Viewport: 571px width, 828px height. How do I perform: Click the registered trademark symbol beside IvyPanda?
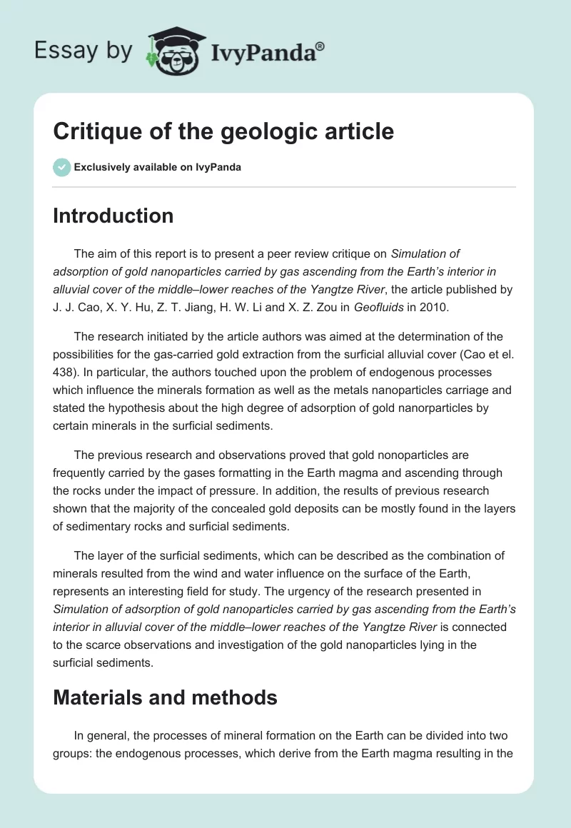tap(320, 46)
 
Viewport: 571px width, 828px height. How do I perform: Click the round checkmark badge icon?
tap(61, 167)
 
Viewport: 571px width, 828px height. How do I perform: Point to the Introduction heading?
tap(113, 216)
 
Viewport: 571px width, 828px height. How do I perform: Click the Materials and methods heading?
tap(165, 697)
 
